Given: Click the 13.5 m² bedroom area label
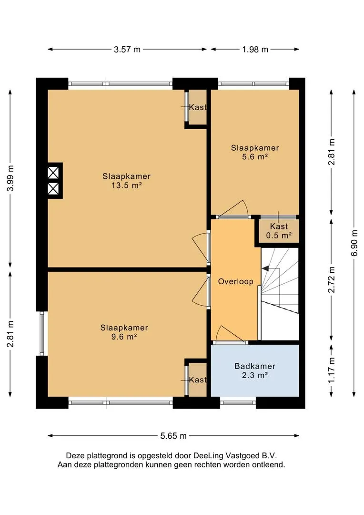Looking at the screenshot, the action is (126, 181).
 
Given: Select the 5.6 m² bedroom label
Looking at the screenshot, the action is (255, 152).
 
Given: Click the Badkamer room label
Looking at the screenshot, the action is (255, 366).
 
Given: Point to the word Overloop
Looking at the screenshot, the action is (236, 281).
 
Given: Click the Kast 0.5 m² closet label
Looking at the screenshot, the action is (279, 231).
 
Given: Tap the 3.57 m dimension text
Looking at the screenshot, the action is (127, 50).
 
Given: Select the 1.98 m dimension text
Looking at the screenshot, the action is (255, 50).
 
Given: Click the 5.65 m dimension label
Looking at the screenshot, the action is (173, 436).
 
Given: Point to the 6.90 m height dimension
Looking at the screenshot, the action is (354, 243).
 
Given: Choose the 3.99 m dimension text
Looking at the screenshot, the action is (11, 178).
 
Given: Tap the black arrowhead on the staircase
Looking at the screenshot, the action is (265, 268).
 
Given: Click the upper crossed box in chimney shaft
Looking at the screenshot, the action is (53, 173).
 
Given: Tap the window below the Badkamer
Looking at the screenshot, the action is (238, 402).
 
